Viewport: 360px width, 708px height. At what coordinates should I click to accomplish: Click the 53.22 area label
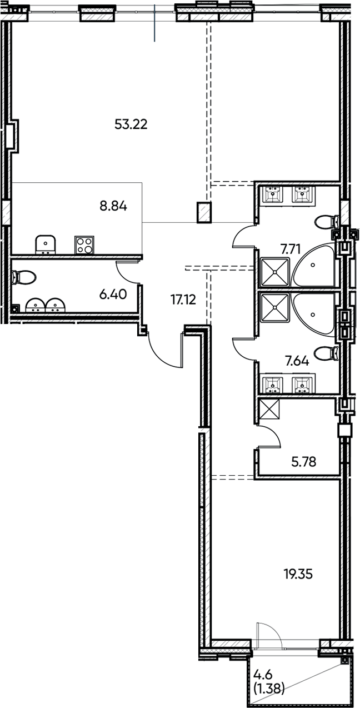click(131, 124)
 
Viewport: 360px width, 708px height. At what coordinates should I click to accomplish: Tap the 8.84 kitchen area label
click(113, 207)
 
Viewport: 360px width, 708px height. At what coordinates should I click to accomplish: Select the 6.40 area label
click(113, 294)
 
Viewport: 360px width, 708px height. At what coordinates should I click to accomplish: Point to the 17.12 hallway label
click(184, 301)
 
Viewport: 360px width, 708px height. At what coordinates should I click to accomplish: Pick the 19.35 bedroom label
click(298, 574)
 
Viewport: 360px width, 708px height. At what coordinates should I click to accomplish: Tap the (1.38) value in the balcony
click(269, 690)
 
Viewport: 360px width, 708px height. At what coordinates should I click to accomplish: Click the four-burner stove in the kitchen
click(84, 245)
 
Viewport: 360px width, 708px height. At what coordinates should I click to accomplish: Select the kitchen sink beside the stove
click(45, 245)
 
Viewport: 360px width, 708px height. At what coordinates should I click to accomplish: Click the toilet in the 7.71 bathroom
click(326, 223)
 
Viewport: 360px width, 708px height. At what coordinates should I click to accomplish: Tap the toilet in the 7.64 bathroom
click(326, 353)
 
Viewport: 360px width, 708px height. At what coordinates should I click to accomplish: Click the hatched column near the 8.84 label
click(204, 212)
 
